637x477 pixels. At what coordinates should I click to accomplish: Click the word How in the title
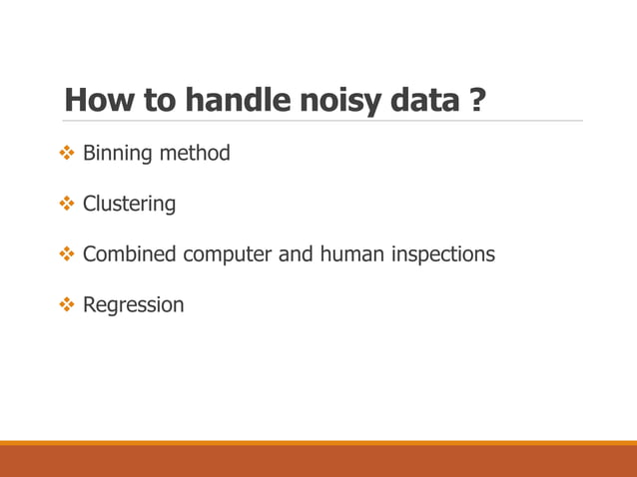coord(94,101)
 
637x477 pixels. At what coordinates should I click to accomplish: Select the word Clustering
coord(129,205)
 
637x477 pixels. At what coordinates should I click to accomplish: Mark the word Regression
coord(133,305)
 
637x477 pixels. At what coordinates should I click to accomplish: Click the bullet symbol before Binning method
coord(67,154)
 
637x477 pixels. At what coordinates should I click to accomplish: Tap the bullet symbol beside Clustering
coord(67,204)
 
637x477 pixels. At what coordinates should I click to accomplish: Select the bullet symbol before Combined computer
coord(67,254)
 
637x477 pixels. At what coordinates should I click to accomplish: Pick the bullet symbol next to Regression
coord(67,304)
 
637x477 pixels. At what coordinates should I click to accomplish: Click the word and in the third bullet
coord(296,254)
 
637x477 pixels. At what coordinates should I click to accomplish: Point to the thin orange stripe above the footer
coord(318,442)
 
